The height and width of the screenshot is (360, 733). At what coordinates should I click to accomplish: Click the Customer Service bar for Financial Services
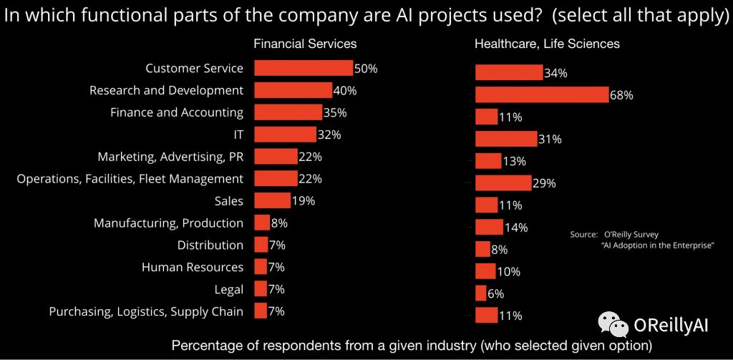304,68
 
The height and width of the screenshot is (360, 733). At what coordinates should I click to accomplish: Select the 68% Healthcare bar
542,94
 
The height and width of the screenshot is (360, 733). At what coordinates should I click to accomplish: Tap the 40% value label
345,91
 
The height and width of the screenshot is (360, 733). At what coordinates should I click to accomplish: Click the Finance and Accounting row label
176,112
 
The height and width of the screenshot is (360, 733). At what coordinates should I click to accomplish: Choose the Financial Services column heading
305,44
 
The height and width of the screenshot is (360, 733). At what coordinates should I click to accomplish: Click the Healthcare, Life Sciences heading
547,44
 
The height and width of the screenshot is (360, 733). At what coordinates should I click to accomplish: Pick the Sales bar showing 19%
272,200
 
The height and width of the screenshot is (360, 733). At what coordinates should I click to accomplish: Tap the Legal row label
229,289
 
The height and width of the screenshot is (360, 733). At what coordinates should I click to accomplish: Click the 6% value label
496,293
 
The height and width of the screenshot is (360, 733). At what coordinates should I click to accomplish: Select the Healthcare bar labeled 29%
503,183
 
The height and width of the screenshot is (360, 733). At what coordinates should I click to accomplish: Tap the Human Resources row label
193,267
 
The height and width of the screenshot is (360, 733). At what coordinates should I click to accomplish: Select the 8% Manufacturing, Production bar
262,223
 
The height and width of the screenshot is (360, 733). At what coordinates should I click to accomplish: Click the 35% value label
335,112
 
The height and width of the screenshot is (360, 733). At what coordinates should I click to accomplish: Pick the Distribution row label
210,245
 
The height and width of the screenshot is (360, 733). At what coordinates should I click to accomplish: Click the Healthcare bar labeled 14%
489,227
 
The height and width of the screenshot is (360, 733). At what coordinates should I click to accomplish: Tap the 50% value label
366,69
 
